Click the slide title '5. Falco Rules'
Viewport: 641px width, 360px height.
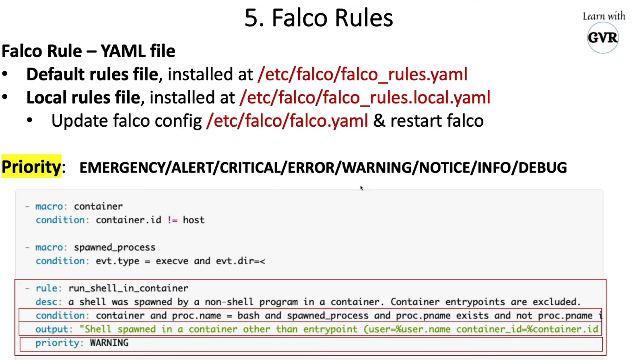318,18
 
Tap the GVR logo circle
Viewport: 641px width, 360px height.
602,38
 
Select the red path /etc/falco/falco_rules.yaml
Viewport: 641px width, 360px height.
362,74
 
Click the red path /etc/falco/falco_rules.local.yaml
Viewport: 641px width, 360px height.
365,98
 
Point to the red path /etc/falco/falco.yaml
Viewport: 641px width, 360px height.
287,121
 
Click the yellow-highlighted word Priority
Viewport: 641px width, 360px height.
31,167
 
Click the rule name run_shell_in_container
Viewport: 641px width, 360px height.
128,288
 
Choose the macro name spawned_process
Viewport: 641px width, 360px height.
114,247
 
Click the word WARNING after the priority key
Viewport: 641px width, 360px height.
109,343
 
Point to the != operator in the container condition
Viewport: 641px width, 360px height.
172,220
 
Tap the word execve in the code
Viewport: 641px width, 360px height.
172,261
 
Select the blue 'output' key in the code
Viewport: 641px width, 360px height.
52,329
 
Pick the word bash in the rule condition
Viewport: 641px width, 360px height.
248,316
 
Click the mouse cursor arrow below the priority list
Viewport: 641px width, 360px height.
361,188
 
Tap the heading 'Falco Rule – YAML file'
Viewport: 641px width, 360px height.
89,51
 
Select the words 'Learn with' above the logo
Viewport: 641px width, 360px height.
604,16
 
